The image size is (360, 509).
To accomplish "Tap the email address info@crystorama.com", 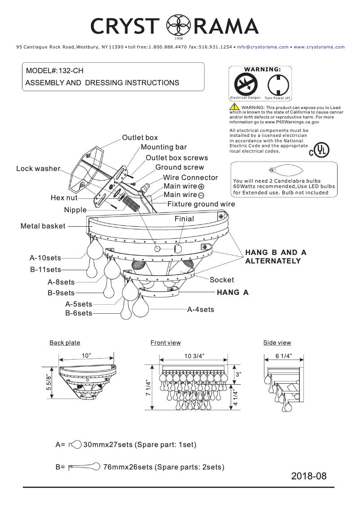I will pyautogui.click(x=262, y=47).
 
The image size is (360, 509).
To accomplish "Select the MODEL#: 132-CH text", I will pyautogui.click(x=54, y=71).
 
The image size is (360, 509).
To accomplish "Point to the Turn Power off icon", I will pyautogui.click(x=277, y=84).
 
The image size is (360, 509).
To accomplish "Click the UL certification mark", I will pyautogui.click(x=319, y=150).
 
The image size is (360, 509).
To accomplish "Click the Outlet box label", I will pyautogui.click(x=140, y=137).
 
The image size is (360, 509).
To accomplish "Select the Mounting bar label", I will pyautogui.click(x=163, y=147).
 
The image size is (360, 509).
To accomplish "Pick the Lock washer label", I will pyautogui.click(x=38, y=169).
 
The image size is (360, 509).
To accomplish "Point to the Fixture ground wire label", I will pyautogui.click(x=201, y=204).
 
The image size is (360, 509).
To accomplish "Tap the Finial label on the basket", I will pyautogui.click(x=184, y=219).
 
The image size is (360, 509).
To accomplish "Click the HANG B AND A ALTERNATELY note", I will pyautogui.click(x=276, y=257).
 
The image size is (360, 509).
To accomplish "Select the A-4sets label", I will pyautogui.click(x=201, y=310).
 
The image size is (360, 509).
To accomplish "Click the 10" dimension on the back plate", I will pyautogui.click(x=86, y=355).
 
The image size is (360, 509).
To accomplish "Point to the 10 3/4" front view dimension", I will pyautogui.click(x=194, y=356).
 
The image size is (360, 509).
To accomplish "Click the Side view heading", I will pyautogui.click(x=277, y=343).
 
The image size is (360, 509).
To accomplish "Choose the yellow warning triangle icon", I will pyautogui.click(x=234, y=107).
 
